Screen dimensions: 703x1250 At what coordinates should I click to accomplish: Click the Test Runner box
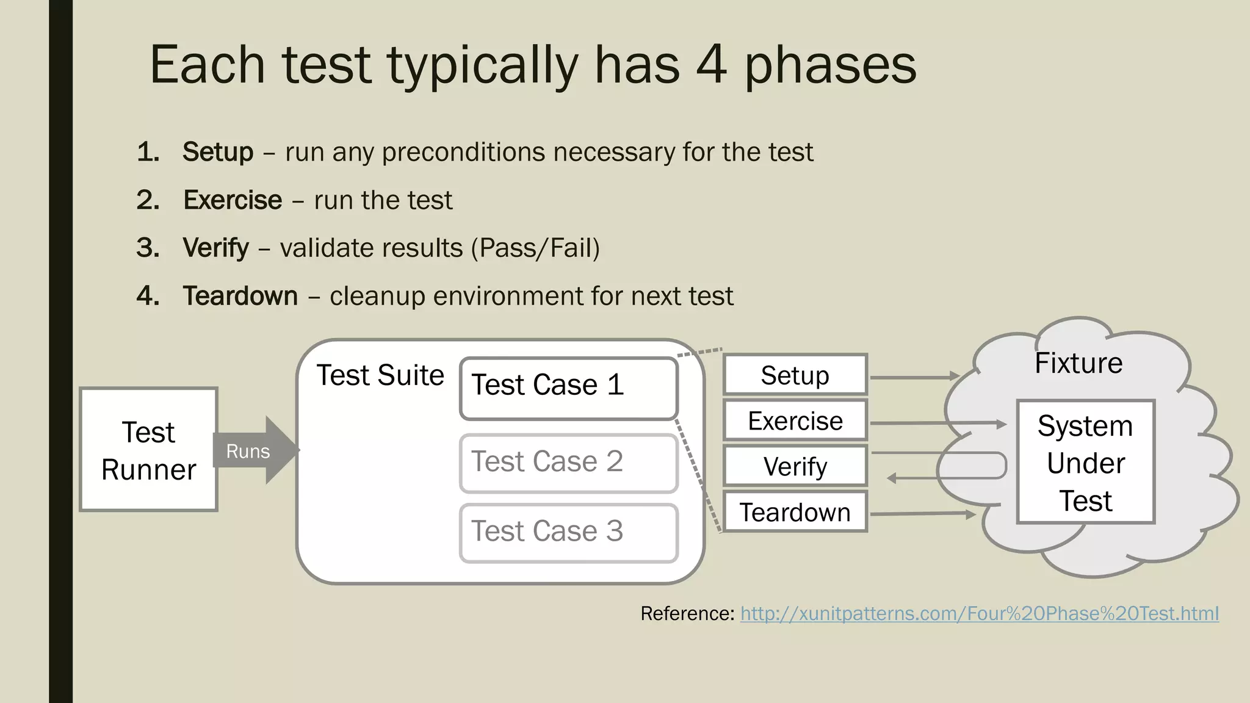click(x=148, y=450)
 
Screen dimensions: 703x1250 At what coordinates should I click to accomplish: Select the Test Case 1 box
click(x=568, y=388)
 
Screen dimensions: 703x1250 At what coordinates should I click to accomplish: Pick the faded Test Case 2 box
click(x=568, y=463)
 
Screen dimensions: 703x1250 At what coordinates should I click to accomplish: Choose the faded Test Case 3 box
click(x=568, y=533)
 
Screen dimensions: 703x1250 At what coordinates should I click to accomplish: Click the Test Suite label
click(x=380, y=375)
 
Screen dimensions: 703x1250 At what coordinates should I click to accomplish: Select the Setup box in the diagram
click(x=795, y=375)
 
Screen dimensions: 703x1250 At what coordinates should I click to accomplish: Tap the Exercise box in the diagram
click(x=795, y=420)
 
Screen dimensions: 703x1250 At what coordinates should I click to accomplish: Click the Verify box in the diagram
click(x=795, y=466)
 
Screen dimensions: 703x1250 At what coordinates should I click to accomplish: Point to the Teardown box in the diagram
click(x=795, y=512)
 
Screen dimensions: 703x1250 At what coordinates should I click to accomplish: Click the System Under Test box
click(x=1085, y=462)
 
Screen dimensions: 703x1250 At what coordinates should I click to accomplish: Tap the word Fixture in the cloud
click(x=1078, y=363)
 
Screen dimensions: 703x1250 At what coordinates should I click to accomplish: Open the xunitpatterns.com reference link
click(x=979, y=613)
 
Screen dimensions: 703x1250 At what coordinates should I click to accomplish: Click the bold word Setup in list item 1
click(x=218, y=151)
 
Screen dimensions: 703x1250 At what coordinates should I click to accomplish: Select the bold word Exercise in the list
click(x=233, y=200)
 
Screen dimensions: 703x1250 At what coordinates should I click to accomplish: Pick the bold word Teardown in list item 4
click(x=240, y=296)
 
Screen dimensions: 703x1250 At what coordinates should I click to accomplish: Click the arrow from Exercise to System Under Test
click(x=937, y=423)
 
